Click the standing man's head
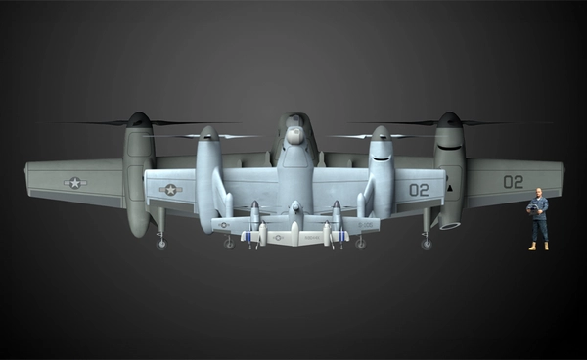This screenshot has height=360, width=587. pyautogui.click(x=538, y=193)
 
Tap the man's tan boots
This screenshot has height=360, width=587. pyautogui.click(x=538, y=246)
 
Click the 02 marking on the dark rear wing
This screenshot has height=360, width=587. pyautogui.click(x=513, y=181)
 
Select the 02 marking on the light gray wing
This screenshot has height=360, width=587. pyautogui.click(x=419, y=189)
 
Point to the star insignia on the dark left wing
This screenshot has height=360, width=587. pyautogui.click(x=74, y=182)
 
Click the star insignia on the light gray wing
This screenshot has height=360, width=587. pyautogui.click(x=170, y=189)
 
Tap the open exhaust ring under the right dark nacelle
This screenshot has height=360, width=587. pyautogui.click(x=450, y=224)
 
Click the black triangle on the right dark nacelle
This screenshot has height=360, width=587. pyautogui.click(x=449, y=186)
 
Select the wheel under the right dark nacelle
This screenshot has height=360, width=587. pyautogui.click(x=426, y=244)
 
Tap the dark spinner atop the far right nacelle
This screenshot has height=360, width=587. pyautogui.click(x=449, y=119)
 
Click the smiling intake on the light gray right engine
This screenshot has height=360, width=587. pyautogui.click(x=381, y=155)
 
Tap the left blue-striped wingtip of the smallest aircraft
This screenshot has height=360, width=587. pyautogui.click(x=248, y=236)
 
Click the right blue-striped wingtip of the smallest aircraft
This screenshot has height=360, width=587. pyautogui.click(x=342, y=236)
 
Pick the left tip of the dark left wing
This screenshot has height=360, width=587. pyautogui.click(x=27, y=176)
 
